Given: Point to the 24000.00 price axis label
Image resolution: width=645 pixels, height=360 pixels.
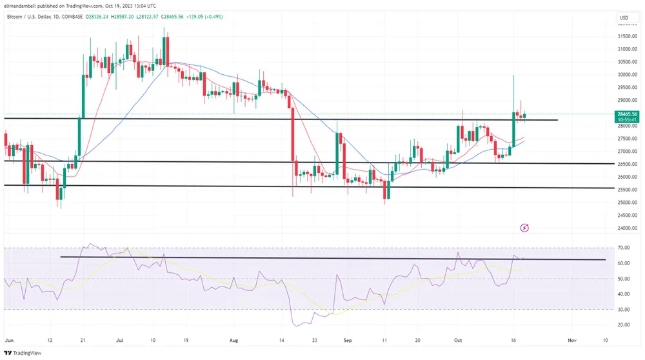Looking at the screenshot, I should point(626,228).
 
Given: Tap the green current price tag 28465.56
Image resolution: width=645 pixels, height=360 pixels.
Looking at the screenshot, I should point(626,114).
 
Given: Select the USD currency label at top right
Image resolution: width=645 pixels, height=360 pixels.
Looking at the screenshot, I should point(624,17).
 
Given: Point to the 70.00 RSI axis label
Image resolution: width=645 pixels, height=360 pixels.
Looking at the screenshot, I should point(623,248).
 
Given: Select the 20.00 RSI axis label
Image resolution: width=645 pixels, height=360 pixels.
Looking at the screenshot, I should point(623,325).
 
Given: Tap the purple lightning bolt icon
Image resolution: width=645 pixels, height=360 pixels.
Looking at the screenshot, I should point(524,227).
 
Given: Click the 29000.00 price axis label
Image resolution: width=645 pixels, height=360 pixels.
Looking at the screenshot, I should point(626,101).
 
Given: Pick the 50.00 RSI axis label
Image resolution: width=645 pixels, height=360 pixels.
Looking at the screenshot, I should point(623,279).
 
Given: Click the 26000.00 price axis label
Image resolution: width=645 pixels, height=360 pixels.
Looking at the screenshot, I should point(626,177).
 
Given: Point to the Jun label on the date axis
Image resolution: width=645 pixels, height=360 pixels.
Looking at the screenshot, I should point(8,339).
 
